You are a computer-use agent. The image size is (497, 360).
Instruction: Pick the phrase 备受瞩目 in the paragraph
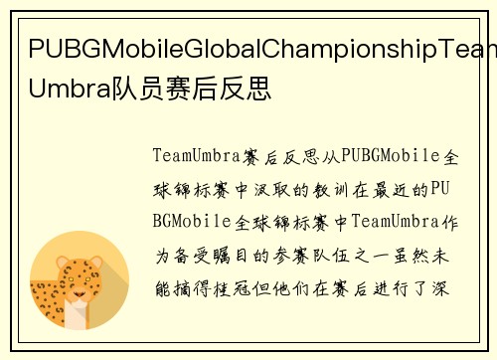(x=210, y=255)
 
